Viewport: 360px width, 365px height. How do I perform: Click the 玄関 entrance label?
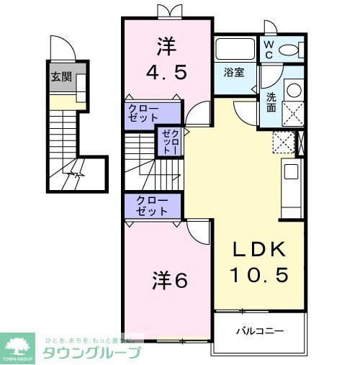tap(61, 77)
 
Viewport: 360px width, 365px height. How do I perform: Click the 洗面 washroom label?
tap(271, 102)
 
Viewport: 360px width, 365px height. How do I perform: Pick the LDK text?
tap(258, 250)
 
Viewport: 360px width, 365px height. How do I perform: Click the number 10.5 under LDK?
tap(259, 275)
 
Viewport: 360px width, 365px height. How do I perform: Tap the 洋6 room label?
tap(170, 279)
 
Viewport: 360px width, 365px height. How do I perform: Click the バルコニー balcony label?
tap(260, 331)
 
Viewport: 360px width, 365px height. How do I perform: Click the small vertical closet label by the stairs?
tap(169, 141)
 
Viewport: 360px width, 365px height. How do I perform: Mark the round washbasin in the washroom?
tap(294, 90)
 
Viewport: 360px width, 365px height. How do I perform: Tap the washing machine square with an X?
tap(293, 114)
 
